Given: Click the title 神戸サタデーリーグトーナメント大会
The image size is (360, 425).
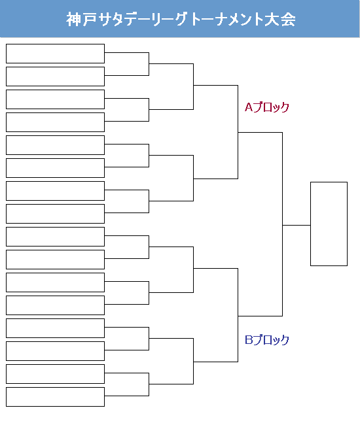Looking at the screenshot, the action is tap(181, 19).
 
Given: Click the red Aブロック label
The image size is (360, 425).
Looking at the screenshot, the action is tap(267, 107).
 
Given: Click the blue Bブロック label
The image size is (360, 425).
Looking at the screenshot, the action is tap(267, 339).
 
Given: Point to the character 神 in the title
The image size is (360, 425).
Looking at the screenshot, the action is tap(73, 19).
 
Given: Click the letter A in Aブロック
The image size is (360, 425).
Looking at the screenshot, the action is tap(249, 107).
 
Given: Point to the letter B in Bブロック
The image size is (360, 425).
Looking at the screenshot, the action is tap(249, 339).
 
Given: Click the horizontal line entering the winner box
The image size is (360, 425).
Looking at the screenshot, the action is tap(297, 225).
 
